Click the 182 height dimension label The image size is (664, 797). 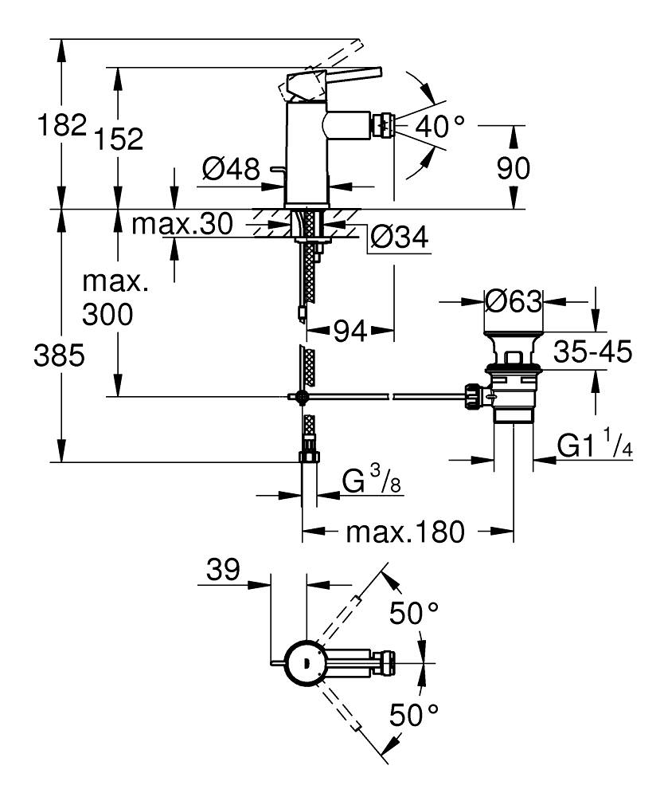62,125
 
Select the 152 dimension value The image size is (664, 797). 119,139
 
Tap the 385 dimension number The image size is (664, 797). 59,355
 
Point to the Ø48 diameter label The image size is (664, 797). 231,169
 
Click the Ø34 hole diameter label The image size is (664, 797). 399,237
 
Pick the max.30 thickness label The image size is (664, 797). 182,224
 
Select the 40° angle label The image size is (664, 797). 439,126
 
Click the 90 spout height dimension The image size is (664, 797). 514,168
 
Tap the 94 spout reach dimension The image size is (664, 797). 350,332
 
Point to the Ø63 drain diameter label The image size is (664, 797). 514,302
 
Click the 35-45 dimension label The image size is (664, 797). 592,351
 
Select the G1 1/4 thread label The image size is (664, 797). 595,444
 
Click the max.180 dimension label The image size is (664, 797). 405,532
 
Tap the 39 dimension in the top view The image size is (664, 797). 223,571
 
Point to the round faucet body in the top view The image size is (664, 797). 304,663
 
